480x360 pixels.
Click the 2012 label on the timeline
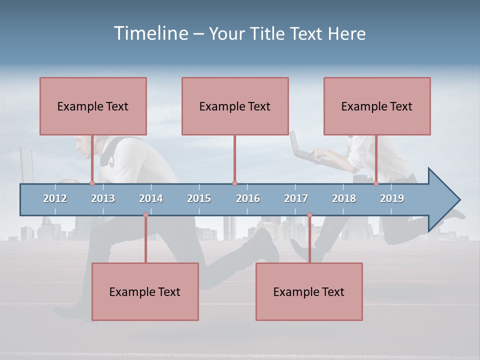point(55,198)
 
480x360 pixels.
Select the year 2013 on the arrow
point(103,198)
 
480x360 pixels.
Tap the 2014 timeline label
point(151,198)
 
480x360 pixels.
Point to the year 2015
point(199,198)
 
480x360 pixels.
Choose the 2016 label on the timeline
point(248,198)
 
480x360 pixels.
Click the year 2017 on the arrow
point(296,198)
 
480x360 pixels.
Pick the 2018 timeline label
point(344,198)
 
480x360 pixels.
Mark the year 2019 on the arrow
point(392,198)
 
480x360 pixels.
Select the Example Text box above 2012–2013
point(93,106)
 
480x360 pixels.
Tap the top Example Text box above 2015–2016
point(235,106)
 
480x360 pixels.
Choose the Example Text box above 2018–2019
point(377,106)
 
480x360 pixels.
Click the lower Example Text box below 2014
point(145,291)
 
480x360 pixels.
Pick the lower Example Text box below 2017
point(309,291)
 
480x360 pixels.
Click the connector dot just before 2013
point(92,183)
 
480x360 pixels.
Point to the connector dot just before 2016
point(234,183)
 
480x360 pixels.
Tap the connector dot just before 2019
point(376,183)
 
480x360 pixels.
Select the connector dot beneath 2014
point(145,215)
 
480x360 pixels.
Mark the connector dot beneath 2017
point(309,215)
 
